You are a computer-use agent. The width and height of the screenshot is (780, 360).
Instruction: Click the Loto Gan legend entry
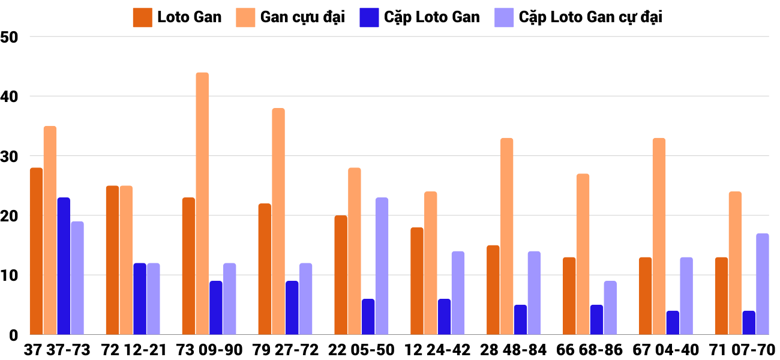coord(178,17)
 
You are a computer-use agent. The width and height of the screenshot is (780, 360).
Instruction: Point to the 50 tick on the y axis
coord(10,37)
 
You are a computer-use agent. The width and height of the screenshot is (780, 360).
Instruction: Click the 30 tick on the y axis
coord(10,156)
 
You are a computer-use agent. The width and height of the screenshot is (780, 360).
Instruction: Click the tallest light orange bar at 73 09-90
coord(202,204)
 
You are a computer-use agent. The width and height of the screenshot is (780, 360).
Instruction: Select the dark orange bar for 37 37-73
coord(37,252)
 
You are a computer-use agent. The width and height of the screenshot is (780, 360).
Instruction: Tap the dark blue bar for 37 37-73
coord(64,266)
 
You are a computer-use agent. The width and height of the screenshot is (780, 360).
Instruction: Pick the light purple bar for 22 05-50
coord(382,266)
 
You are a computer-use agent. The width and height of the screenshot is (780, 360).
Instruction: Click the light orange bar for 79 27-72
coord(278,222)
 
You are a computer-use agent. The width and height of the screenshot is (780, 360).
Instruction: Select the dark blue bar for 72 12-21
coord(140,299)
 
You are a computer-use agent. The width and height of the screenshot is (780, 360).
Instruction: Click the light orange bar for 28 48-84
coord(506,237)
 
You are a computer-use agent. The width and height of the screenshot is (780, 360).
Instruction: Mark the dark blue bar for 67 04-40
coord(673,323)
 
